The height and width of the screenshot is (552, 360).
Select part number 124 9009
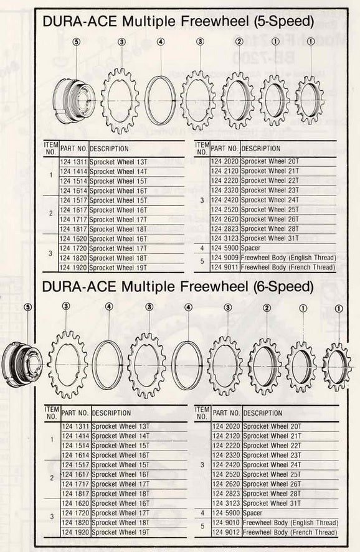(x=224, y=257)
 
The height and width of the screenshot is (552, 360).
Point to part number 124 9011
(x=224, y=267)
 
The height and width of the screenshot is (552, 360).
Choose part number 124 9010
(x=226, y=523)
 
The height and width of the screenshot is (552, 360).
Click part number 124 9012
(x=226, y=533)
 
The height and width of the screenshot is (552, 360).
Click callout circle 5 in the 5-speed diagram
(x=76, y=42)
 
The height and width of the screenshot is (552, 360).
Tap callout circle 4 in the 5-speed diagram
(x=160, y=42)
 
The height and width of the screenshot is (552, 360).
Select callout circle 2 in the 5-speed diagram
(x=239, y=42)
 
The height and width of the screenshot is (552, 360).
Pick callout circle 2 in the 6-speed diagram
(x=267, y=307)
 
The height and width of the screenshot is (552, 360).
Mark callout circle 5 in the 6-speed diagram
(x=27, y=307)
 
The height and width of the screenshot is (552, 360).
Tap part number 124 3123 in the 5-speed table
(x=224, y=238)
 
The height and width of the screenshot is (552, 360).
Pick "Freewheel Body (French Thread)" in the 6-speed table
(x=290, y=533)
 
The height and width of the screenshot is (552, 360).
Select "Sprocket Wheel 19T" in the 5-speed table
(x=118, y=267)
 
